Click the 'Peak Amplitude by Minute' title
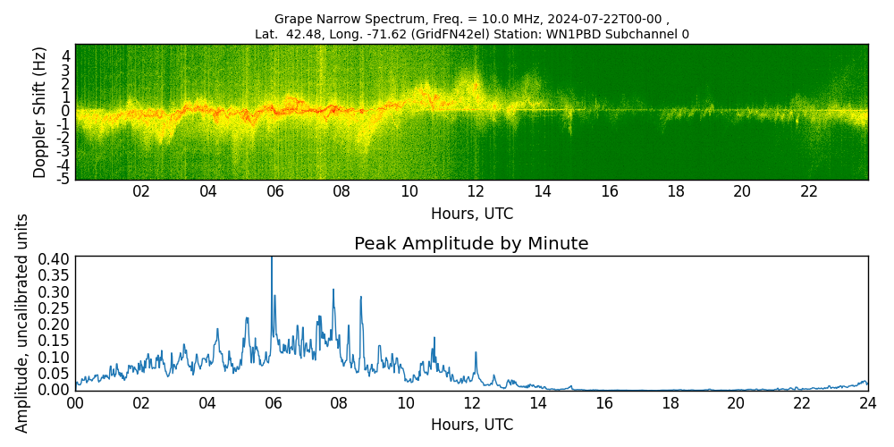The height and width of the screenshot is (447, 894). (x=471, y=243)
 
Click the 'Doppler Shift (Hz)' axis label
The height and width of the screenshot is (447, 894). (x=39, y=112)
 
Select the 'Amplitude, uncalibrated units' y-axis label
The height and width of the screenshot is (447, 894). (x=22, y=323)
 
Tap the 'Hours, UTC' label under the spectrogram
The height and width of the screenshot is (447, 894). (x=471, y=214)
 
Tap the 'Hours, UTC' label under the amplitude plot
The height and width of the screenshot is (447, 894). (x=471, y=425)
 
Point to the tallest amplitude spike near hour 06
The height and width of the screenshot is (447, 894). (x=272, y=259)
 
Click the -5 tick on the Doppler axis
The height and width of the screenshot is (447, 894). (x=64, y=179)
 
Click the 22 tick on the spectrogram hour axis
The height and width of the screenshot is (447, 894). (x=809, y=191)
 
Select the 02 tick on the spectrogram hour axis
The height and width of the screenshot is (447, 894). (x=141, y=191)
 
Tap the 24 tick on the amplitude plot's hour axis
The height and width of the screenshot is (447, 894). (x=867, y=402)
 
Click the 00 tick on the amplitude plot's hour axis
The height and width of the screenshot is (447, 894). (x=75, y=402)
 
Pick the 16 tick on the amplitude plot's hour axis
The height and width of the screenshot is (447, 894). (x=603, y=402)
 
